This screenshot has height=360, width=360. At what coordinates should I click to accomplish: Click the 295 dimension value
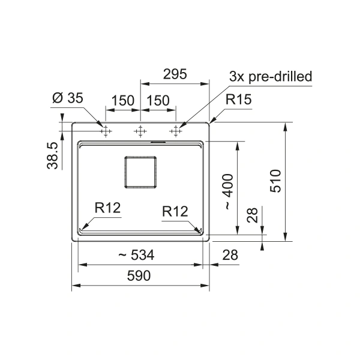click(x=175, y=74)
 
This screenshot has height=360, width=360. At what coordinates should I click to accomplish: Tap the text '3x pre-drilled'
click(x=271, y=76)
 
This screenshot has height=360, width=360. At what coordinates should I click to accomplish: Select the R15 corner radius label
click(x=239, y=100)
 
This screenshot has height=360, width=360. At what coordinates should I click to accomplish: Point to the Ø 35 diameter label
click(x=68, y=98)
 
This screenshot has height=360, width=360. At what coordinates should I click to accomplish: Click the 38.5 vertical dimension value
click(x=52, y=155)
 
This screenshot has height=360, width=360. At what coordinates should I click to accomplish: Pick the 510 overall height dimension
click(x=275, y=181)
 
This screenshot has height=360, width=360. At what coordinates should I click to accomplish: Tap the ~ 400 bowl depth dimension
click(x=229, y=192)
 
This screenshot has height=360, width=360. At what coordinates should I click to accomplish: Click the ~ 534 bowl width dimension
click(x=136, y=255)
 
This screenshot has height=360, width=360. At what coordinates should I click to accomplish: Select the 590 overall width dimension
click(x=139, y=275)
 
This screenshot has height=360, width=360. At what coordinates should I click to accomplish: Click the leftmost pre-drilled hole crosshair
click(x=106, y=131)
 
